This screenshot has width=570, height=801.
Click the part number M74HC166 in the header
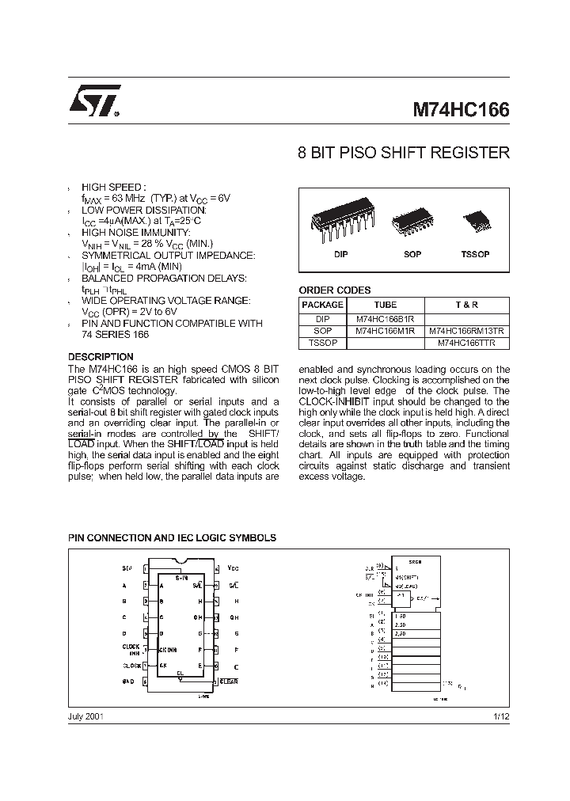pyautogui.click(x=461, y=110)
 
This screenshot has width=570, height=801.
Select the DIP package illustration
pyautogui.click(x=340, y=222)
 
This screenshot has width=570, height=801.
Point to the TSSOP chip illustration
pyautogui.click(x=475, y=218)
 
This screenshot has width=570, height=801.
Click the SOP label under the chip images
pyautogui.click(x=412, y=254)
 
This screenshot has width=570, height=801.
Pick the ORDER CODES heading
pyautogui.click(x=334, y=290)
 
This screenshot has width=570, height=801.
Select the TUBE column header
pyautogui.click(x=385, y=305)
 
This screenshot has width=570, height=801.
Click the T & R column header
pyautogui.click(x=466, y=305)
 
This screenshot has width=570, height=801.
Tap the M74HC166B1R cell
pyautogui.click(x=385, y=319)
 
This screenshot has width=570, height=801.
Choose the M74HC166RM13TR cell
pyautogui.click(x=466, y=331)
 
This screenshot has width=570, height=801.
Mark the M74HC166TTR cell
pyautogui.click(x=466, y=343)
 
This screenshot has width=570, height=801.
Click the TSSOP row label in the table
pyautogui.click(x=322, y=343)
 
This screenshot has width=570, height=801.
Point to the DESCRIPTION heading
pyautogui.click(x=101, y=357)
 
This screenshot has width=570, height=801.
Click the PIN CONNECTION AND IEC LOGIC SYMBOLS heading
pyautogui.click(x=172, y=537)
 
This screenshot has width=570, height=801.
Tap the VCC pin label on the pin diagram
pyautogui.click(x=233, y=568)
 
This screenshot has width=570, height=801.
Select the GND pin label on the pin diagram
pyautogui.click(x=129, y=681)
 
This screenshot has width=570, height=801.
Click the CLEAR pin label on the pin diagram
pyautogui.click(x=229, y=681)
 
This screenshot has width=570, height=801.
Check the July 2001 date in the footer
pyautogui.click(x=86, y=716)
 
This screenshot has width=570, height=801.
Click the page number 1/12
pyautogui.click(x=500, y=716)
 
